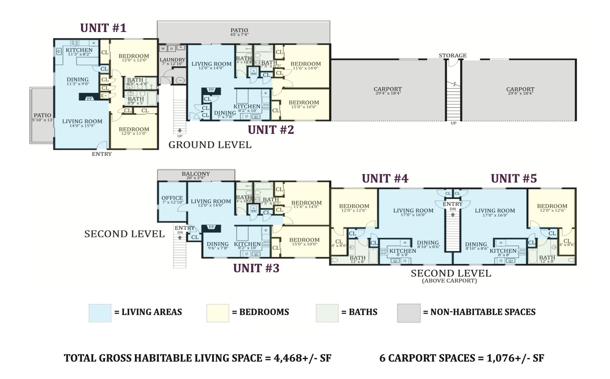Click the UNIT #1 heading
[103, 28]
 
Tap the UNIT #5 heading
[514, 178]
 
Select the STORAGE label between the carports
[452, 55]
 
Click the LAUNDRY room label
[172, 60]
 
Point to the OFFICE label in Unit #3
[172, 198]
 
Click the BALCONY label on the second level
[196, 174]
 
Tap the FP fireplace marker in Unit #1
[90, 98]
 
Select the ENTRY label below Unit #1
[102, 154]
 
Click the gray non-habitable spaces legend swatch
[409, 313]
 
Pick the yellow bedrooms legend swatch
[218, 313]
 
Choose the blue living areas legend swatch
[100, 313]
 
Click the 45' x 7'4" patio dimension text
[239, 34]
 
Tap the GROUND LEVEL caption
[210, 145]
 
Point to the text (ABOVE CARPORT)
[449, 281]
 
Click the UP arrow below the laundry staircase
[180, 131]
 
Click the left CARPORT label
[387, 89]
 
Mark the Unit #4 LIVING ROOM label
[413, 210]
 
